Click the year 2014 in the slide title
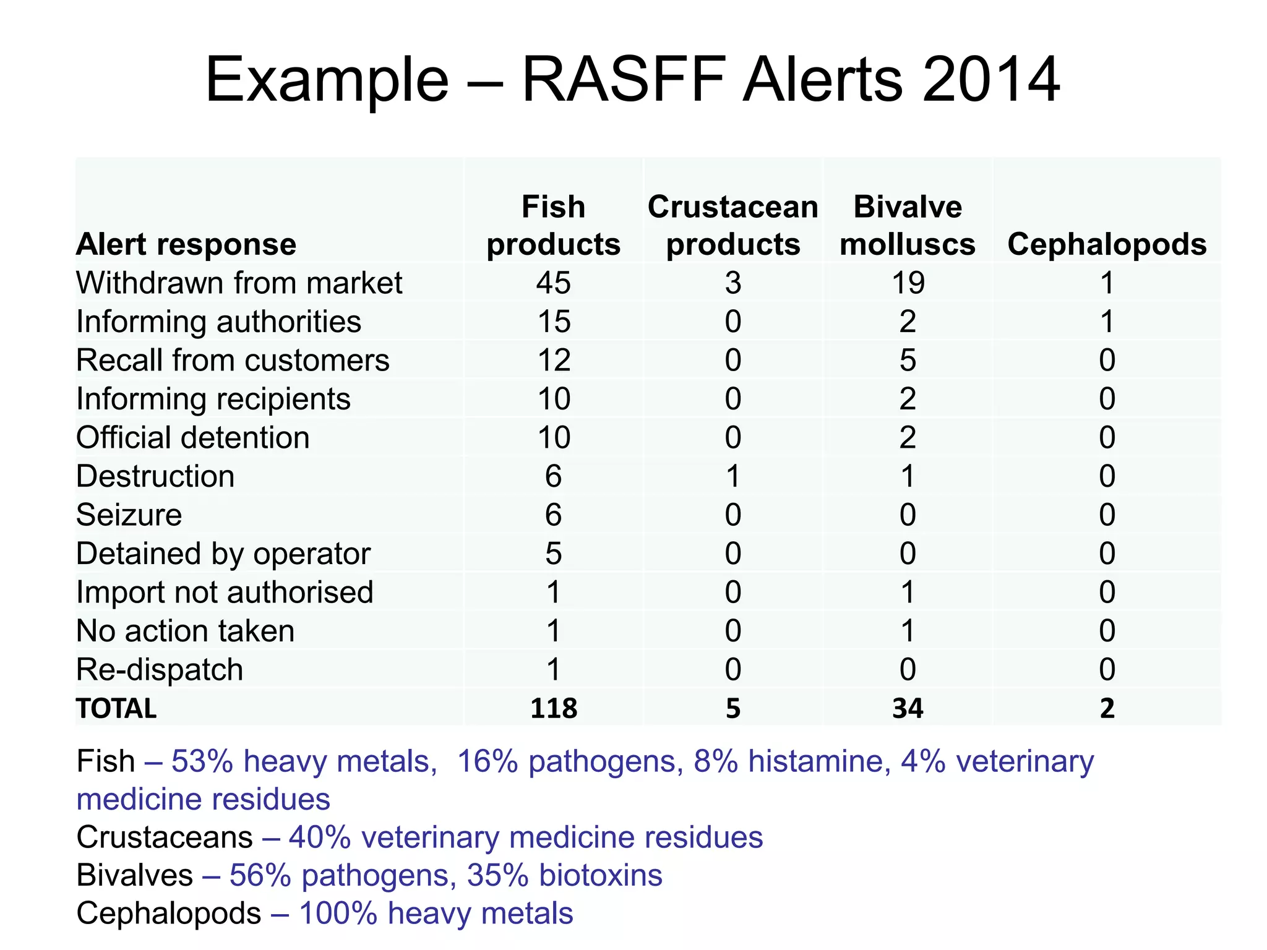pyautogui.click(x=991, y=80)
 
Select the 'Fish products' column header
pyautogui.click(x=553, y=225)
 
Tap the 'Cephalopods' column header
pyautogui.click(x=1107, y=244)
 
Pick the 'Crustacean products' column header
pyautogui.click(x=733, y=225)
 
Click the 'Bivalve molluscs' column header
pyautogui.click(x=908, y=225)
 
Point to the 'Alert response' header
pyautogui.click(x=186, y=244)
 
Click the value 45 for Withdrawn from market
pyautogui.click(x=553, y=283)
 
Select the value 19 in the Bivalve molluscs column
pyautogui.click(x=908, y=283)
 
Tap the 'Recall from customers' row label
pyautogui.click(x=233, y=361)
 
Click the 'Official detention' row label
pyautogui.click(x=192, y=438)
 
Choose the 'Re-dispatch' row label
pyautogui.click(x=160, y=670)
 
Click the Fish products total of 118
pyautogui.click(x=553, y=709)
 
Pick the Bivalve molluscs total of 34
pyautogui.click(x=908, y=709)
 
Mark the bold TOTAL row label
pyautogui.click(x=116, y=709)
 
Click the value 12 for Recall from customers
pyautogui.click(x=553, y=361)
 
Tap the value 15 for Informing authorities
pyautogui.click(x=553, y=322)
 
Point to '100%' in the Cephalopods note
pyautogui.click(x=338, y=914)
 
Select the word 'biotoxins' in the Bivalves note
pyautogui.click(x=600, y=875)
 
